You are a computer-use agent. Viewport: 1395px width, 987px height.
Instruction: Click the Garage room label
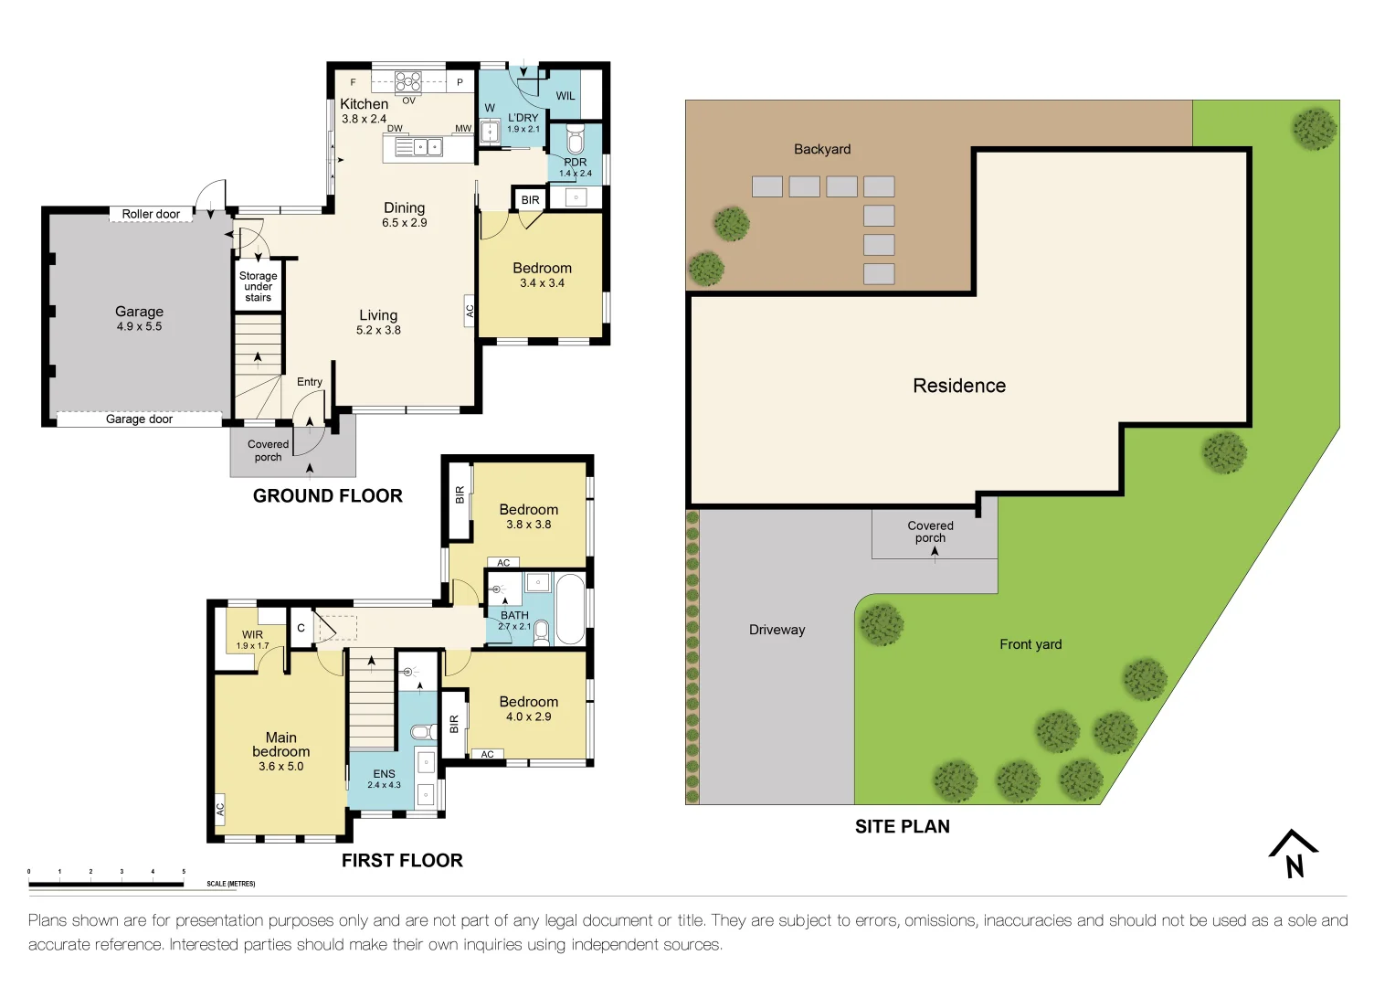pos(139,312)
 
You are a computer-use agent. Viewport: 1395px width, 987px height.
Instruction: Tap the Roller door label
pos(151,214)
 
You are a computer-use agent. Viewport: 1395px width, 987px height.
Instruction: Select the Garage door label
pos(139,419)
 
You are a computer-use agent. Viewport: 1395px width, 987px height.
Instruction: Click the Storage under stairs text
pos(258,286)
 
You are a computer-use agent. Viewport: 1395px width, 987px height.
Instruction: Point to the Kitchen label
pos(364,104)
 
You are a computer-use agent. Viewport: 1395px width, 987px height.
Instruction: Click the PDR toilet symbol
pos(575,142)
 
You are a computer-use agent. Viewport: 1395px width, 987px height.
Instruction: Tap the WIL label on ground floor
pos(565,96)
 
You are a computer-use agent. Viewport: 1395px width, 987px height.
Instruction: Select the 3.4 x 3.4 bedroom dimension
pos(542,283)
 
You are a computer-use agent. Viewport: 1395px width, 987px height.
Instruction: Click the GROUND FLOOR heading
pos(327,496)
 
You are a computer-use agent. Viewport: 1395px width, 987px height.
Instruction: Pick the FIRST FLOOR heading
pos(402,861)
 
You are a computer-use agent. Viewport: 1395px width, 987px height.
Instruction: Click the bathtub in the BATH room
pos(570,609)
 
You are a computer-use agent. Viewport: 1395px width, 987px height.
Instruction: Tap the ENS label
pos(384,774)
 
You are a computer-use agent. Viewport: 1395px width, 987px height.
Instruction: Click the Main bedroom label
pos(280,745)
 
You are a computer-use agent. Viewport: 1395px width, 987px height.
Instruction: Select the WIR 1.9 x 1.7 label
pos(252,640)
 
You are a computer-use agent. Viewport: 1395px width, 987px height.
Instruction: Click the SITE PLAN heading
pos(902,827)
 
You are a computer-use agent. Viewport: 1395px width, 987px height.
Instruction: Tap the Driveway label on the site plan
pos(777,630)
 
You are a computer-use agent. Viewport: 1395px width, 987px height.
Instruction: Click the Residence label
pos(959,386)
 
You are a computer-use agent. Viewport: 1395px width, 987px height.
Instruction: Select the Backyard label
pos(821,149)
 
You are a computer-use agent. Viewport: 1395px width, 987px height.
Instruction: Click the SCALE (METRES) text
pos(230,884)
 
